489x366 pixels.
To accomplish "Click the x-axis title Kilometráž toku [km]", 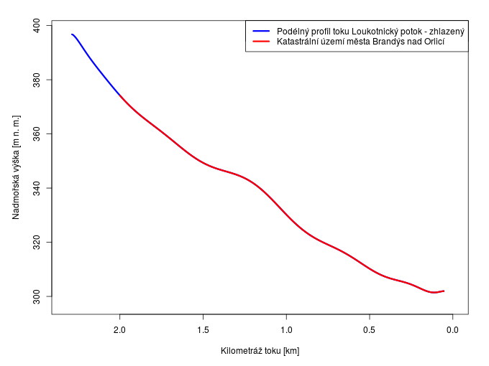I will coord(260,351).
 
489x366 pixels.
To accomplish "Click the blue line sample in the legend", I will coord(261,32).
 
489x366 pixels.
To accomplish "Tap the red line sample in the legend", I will coord(261,42).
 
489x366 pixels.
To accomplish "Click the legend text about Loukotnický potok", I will coord(370,32).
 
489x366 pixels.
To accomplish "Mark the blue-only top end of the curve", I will coord(72,34).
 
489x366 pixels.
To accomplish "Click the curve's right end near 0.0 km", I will coord(444,291).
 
